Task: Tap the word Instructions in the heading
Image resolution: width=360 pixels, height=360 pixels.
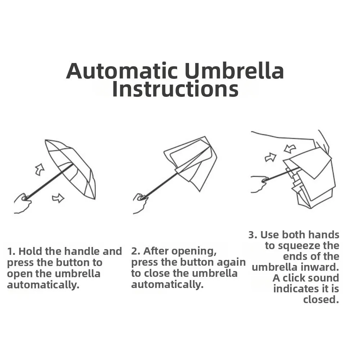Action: (x=175, y=89)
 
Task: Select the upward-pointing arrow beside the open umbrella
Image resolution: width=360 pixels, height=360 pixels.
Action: (x=40, y=169)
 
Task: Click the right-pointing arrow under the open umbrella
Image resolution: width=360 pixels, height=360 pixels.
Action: (x=58, y=198)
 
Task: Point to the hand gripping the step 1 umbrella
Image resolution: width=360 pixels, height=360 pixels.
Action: (x=22, y=203)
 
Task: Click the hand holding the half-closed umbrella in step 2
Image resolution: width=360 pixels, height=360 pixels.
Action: (x=140, y=202)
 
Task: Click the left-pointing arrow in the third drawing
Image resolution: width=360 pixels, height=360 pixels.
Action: (x=289, y=148)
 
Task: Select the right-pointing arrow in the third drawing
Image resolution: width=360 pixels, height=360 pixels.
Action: (x=270, y=157)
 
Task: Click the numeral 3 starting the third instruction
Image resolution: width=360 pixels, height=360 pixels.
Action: (x=252, y=235)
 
